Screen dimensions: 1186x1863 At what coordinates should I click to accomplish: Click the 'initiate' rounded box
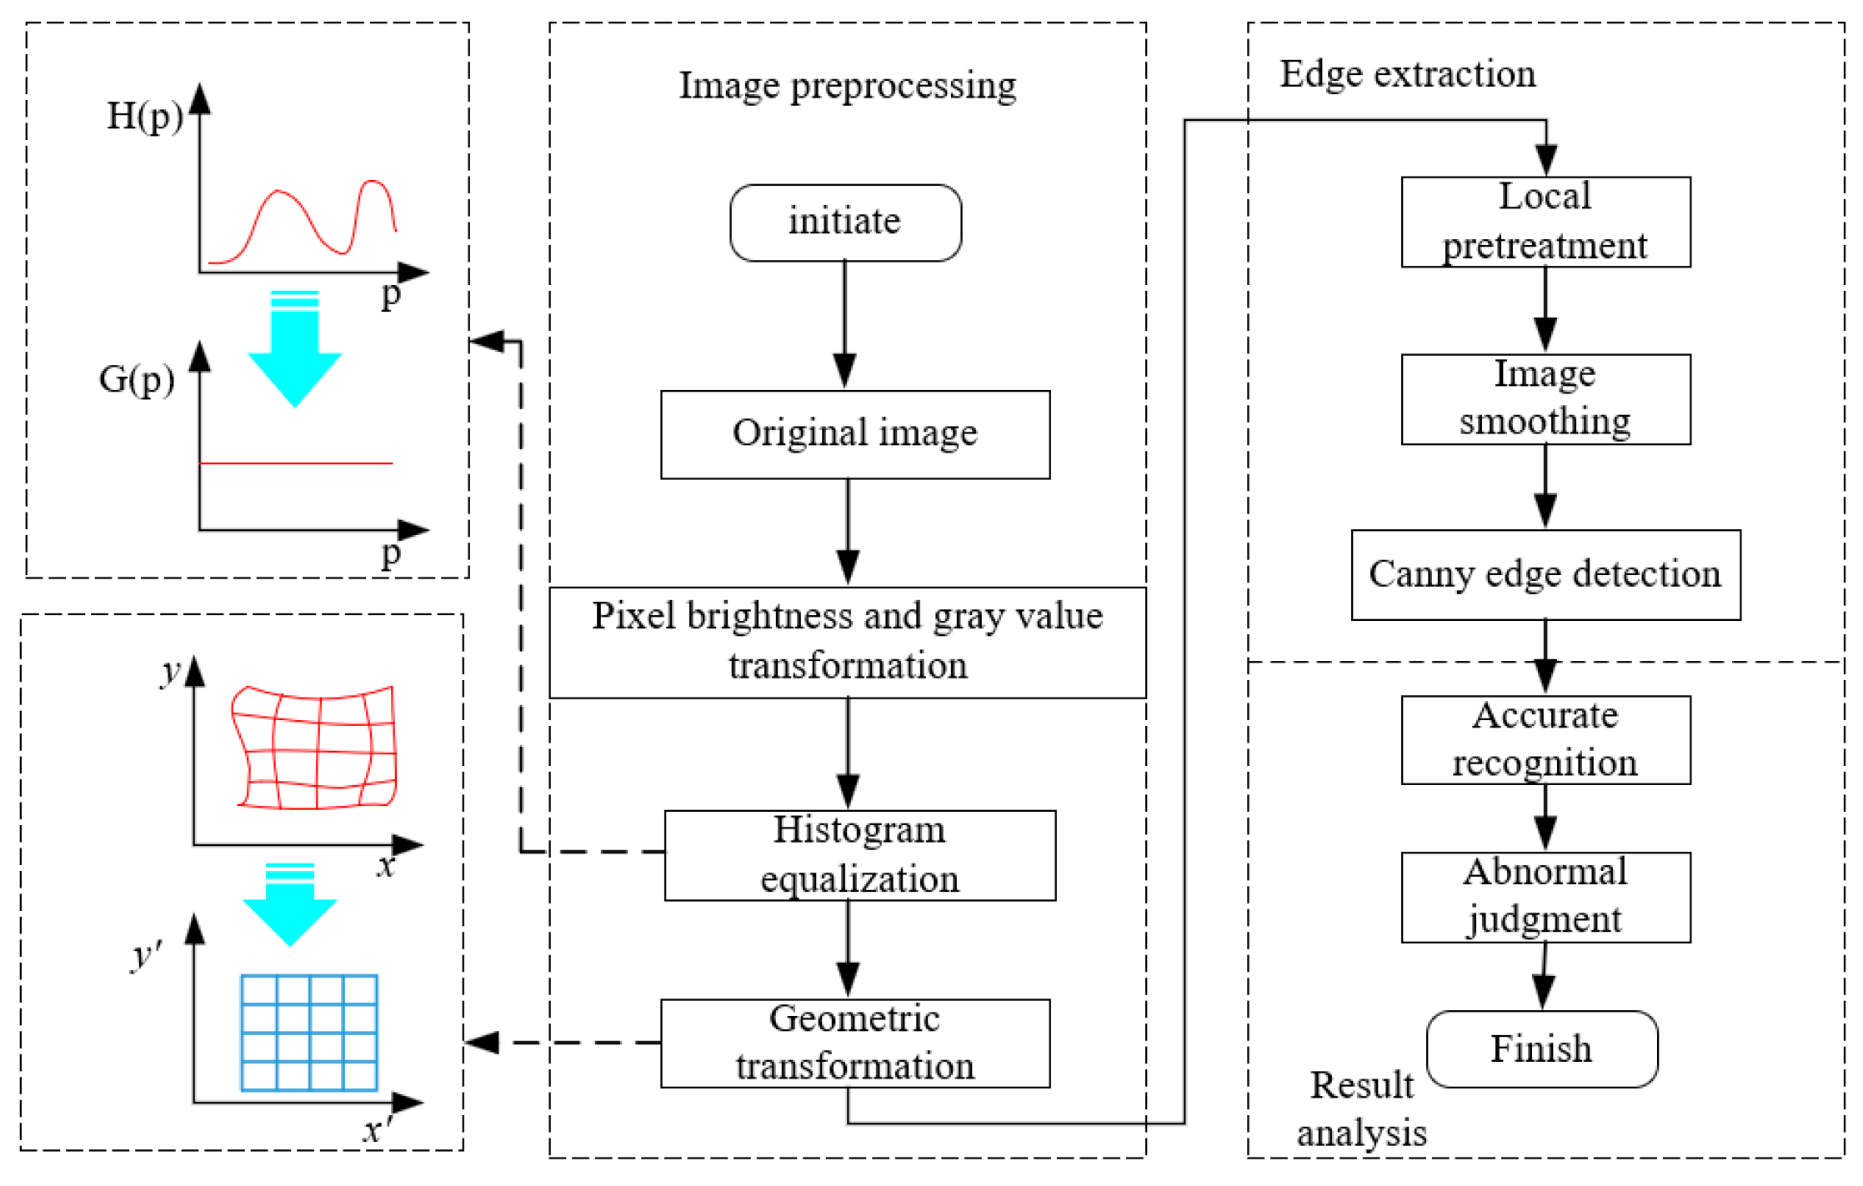(x=845, y=223)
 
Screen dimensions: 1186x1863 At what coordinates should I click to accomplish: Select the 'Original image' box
(x=854, y=434)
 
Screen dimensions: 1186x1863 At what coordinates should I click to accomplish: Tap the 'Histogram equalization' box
(x=859, y=855)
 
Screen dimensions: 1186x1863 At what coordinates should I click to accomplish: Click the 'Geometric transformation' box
(x=854, y=1043)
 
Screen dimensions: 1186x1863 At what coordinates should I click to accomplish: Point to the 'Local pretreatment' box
(x=1545, y=222)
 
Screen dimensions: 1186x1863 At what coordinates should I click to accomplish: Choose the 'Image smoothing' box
(x=1545, y=399)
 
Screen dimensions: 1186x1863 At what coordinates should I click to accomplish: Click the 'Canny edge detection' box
(x=1545, y=574)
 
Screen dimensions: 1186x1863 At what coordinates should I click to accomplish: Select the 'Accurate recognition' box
(x=1545, y=739)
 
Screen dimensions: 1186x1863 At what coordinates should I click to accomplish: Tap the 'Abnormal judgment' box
(x=1545, y=897)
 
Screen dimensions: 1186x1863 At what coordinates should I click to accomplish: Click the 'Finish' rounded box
(x=1541, y=1048)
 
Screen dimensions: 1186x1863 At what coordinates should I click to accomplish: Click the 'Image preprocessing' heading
(x=847, y=85)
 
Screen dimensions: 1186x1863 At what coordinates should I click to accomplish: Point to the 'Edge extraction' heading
(x=1407, y=74)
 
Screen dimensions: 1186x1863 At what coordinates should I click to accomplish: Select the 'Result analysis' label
(x=1361, y=1109)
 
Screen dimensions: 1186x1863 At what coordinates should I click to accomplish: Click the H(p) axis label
(x=144, y=116)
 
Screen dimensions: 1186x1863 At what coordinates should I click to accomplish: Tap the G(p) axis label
(x=137, y=379)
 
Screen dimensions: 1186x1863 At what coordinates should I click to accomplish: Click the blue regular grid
(x=308, y=1033)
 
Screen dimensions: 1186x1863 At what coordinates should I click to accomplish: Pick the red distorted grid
(x=315, y=748)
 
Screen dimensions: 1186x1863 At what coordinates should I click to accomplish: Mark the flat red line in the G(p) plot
(x=296, y=463)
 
